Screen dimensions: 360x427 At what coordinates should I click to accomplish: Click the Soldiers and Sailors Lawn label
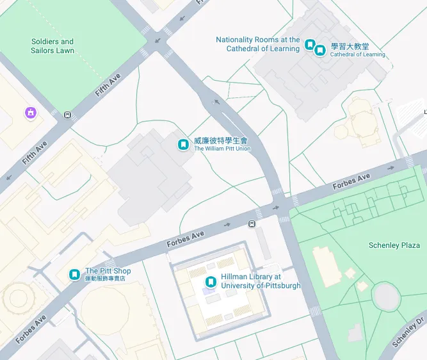tap(52, 46)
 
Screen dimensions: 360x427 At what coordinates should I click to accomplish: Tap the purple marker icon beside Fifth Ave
tap(30, 113)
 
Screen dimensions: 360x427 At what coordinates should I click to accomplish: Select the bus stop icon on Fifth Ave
tap(67, 115)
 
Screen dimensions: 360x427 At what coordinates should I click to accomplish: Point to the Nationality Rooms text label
tap(257, 44)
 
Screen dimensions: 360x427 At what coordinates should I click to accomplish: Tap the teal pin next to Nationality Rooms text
tap(310, 44)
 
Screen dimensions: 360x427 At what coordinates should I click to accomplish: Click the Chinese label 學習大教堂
tap(350, 47)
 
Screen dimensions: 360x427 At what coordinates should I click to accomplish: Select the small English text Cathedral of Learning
tap(357, 55)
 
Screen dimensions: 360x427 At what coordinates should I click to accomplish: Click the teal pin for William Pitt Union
tap(184, 145)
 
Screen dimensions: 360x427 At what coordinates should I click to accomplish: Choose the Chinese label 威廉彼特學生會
tap(220, 140)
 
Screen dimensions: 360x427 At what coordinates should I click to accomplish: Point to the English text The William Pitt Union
tap(222, 149)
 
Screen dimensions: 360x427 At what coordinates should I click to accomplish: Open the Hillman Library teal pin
tap(210, 281)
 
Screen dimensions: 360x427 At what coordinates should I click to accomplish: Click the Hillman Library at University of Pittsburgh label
tap(260, 281)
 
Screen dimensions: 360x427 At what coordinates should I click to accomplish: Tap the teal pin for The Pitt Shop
tap(75, 275)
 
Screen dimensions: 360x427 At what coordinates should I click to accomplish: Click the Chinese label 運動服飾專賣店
tap(105, 279)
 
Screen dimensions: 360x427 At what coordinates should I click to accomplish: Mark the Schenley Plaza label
tap(394, 245)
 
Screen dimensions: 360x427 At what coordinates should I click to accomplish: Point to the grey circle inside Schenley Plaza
tap(386, 295)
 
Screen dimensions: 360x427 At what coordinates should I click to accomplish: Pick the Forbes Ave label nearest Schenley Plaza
tap(351, 181)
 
